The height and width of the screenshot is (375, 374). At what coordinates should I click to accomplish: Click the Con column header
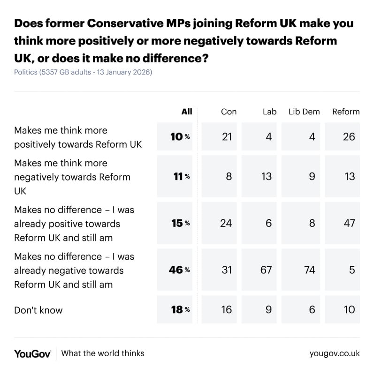click(229, 112)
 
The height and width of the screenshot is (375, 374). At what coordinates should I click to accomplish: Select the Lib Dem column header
click(304, 112)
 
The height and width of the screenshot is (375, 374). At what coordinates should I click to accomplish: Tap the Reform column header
click(346, 112)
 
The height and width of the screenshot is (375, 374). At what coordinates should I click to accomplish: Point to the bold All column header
click(187, 112)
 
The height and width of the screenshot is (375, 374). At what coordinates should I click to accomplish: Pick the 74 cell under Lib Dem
click(309, 270)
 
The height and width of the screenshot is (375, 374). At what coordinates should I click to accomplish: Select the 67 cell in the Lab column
click(268, 270)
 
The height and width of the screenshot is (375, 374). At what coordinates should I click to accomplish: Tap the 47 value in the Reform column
click(349, 223)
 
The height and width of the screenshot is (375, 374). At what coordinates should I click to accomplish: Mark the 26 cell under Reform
click(349, 136)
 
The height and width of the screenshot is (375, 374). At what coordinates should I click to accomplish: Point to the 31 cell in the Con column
click(226, 270)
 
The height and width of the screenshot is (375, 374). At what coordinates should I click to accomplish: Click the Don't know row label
click(38, 309)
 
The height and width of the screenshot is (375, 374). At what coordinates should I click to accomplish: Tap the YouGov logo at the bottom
click(32, 353)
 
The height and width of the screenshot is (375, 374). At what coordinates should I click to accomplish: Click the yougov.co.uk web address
click(335, 353)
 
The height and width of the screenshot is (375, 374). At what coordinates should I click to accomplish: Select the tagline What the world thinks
click(103, 353)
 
